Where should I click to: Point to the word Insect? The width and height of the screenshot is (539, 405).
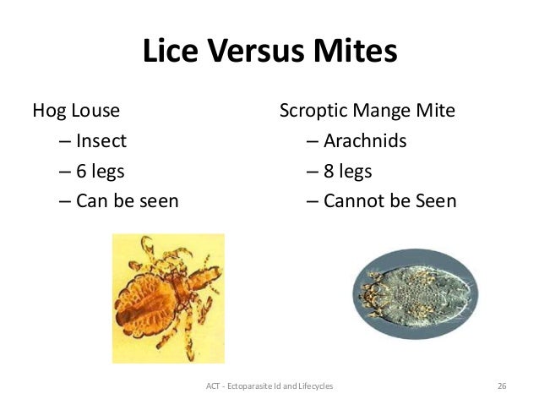(x=101, y=140)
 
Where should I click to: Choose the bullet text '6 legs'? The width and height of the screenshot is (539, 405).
(x=100, y=172)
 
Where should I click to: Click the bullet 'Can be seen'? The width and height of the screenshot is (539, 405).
(x=127, y=201)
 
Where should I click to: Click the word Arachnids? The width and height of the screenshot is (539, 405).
(x=364, y=140)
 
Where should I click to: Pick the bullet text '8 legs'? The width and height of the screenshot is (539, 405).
(x=347, y=172)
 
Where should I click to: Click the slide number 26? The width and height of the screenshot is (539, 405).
(x=502, y=386)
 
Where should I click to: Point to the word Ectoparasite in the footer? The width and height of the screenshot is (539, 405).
(x=253, y=386)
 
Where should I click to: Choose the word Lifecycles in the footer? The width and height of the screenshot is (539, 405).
(x=313, y=386)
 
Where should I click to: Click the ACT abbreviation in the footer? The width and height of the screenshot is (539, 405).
(x=212, y=386)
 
